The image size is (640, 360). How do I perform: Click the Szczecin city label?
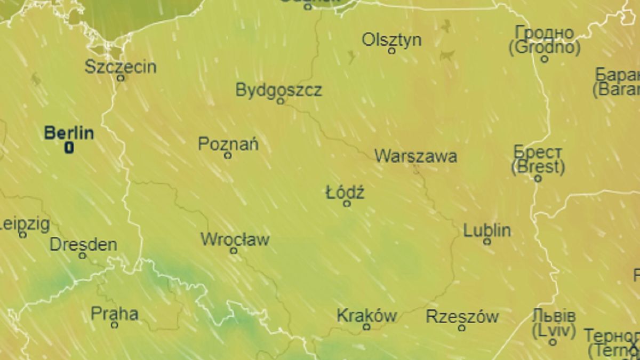[x=121, y=67]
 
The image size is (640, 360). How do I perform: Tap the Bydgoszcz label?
[x=278, y=90]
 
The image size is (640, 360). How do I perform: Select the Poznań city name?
[x=228, y=144]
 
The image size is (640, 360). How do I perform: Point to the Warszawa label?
[x=415, y=156]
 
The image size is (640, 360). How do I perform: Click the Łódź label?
[x=345, y=192]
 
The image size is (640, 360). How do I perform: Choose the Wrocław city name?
[x=235, y=240]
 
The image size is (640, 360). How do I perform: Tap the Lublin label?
[x=487, y=230]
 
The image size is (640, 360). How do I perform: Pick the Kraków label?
[x=366, y=316]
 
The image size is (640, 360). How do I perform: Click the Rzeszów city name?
[x=462, y=317]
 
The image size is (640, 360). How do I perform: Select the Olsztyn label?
[x=391, y=40]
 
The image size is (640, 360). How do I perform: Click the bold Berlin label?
[x=69, y=133]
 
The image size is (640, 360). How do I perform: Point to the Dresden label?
[x=83, y=245]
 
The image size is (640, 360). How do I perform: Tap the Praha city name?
[x=115, y=314]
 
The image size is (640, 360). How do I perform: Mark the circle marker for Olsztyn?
[x=391, y=51]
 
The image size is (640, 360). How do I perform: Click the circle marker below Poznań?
[x=228, y=155]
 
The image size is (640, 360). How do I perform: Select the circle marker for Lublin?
[x=487, y=242]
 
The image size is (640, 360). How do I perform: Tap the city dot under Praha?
[x=115, y=324]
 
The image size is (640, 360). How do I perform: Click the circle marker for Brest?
[x=538, y=179]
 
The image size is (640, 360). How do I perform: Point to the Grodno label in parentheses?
[x=544, y=48]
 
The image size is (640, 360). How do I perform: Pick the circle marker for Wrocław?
[x=234, y=251]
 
